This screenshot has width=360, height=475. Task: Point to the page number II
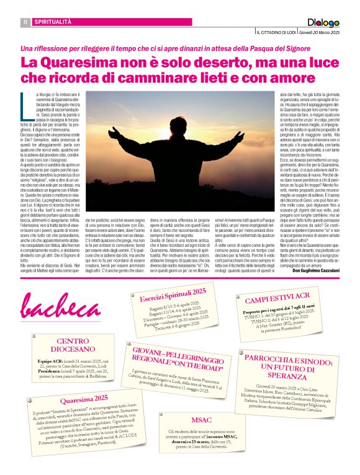25,22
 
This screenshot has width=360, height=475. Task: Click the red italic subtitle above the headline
179,48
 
